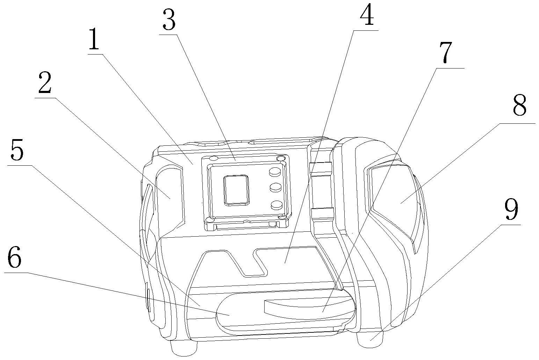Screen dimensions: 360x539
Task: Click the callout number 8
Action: tap(519, 107)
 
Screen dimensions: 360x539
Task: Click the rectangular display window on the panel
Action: tap(237, 189)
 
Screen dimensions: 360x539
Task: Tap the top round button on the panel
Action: tap(275, 172)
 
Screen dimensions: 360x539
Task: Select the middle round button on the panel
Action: tap(276, 188)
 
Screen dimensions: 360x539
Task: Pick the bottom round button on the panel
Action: tap(276, 205)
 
